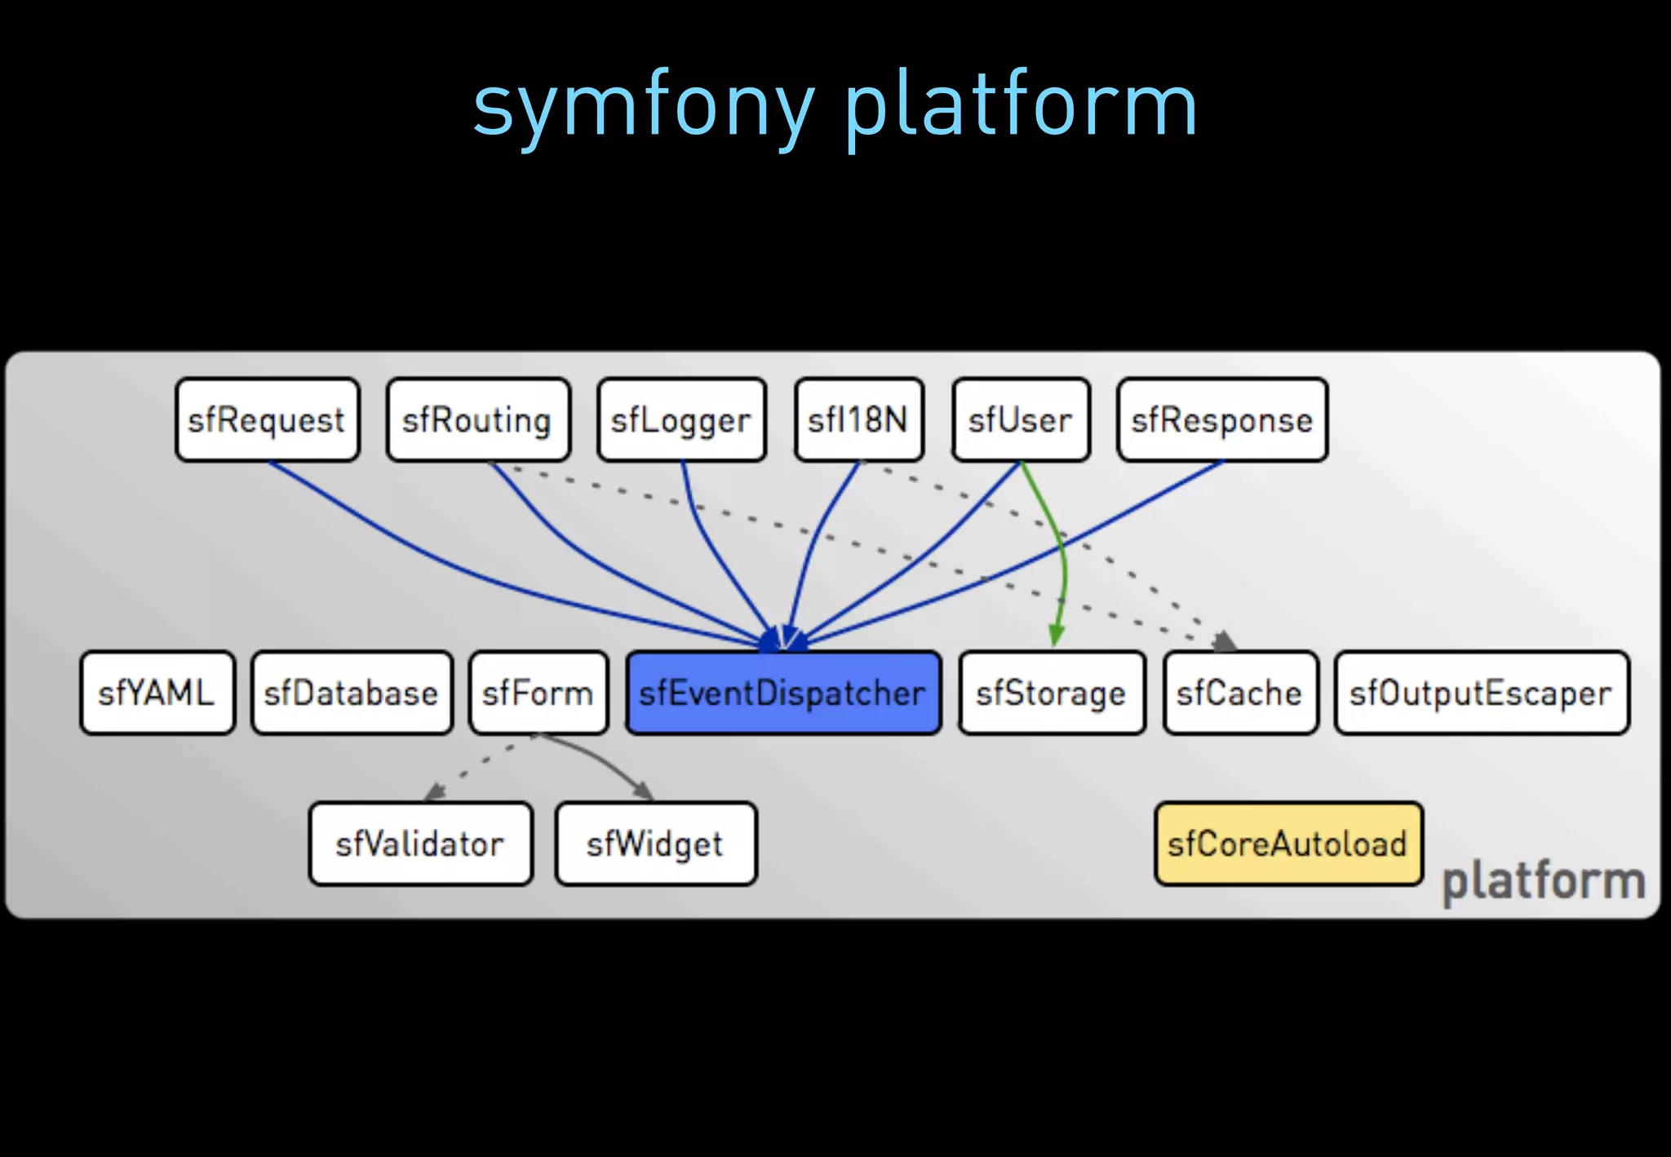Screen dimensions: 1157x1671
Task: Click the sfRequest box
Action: tap(268, 420)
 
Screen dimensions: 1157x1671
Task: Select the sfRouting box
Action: tap(478, 420)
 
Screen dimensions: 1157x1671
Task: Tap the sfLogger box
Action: tap(681, 420)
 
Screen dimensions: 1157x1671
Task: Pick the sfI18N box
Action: tap(859, 420)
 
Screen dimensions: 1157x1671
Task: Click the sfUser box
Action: tap(1021, 420)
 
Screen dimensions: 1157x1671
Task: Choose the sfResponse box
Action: tap(1222, 420)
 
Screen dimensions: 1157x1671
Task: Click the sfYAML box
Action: tap(157, 693)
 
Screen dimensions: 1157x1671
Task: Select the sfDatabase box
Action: tap(352, 693)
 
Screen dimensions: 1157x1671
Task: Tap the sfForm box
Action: tap(539, 693)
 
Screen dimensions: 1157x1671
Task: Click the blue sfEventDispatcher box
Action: tap(783, 693)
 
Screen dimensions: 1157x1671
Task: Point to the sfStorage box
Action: tap(1052, 693)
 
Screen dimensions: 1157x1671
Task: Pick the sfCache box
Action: tap(1240, 693)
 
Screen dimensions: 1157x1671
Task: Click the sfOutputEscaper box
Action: tap(1482, 693)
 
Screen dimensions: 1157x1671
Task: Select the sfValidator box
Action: tap(421, 844)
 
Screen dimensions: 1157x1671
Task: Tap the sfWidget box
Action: tap(656, 844)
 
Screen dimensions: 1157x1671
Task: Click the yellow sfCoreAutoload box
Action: tap(1288, 844)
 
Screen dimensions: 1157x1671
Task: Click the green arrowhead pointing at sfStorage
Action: tap(1056, 634)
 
